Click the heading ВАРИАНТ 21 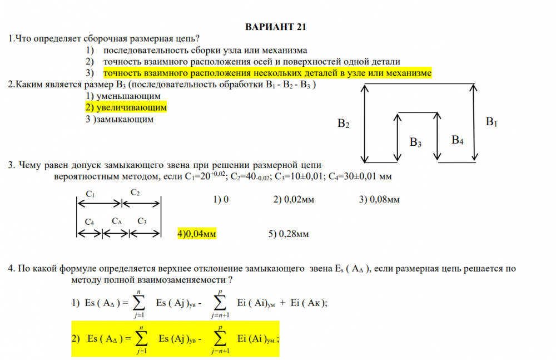(x=276, y=27)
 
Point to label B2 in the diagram (x=344, y=124)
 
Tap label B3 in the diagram (x=415, y=142)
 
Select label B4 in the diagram (x=457, y=140)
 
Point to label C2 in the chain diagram (x=135, y=193)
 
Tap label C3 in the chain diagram (x=142, y=221)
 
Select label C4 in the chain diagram (x=90, y=222)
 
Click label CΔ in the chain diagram (x=117, y=221)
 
